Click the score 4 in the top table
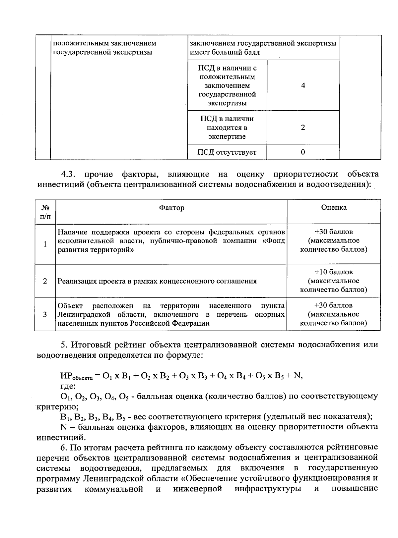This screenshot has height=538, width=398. pos(303,85)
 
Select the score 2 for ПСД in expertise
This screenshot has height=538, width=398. pos(303,128)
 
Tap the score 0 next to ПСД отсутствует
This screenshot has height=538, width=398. pos(303,152)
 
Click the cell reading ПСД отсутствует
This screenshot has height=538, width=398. pos(227,152)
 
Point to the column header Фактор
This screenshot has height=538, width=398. pos(171,208)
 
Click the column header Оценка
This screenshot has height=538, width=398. pos(334,207)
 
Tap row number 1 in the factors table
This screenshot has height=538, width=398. pos(45,244)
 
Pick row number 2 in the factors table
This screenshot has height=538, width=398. pos(45,281)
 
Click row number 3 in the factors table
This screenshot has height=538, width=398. pos(45,314)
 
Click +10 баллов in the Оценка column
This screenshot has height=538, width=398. pos(334,272)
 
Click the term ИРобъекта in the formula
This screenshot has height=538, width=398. pos(76,376)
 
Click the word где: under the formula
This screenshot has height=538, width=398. pos(68,386)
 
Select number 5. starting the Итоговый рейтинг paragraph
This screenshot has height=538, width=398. pos(64,345)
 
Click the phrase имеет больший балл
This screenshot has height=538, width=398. pos(225,52)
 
